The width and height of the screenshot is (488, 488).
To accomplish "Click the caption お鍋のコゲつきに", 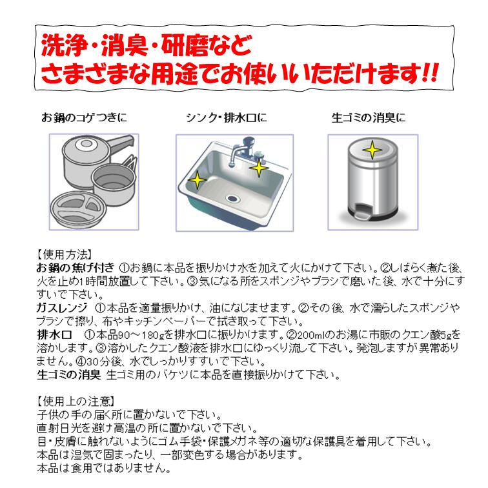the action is pyautogui.click(x=84, y=117).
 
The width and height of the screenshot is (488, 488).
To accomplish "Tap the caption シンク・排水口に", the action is pyautogui.click(x=227, y=117).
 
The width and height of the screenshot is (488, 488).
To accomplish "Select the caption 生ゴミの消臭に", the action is pyautogui.click(x=369, y=117).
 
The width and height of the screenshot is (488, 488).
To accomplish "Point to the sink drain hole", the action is pyautogui.click(x=232, y=198).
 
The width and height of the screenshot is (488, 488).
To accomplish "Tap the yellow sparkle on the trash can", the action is pyautogui.click(x=372, y=150).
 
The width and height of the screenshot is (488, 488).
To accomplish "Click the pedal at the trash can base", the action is pyautogui.click(x=361, y=214).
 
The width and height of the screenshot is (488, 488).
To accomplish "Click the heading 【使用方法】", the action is pyautogui.click(x=65, y=254).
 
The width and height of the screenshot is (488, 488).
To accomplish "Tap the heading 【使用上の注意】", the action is pyautogui.click(x=76, y=401).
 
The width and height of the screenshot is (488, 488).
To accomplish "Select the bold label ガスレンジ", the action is pyautogui.click(x=62, y=308).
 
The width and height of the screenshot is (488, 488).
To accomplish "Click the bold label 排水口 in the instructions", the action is pyautogui.click(x=54, y=335).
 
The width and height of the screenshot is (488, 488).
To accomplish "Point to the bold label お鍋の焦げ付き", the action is pyautogui.click(x=76, y=268).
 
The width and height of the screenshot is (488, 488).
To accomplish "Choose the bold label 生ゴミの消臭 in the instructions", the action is pyautogui.click(x=69, y=374).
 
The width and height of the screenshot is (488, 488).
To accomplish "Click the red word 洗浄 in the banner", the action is pyautogui.click(x=65, y=45).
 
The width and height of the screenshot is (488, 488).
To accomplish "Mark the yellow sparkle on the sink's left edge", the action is pyautogui.click(x=198, y=180).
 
